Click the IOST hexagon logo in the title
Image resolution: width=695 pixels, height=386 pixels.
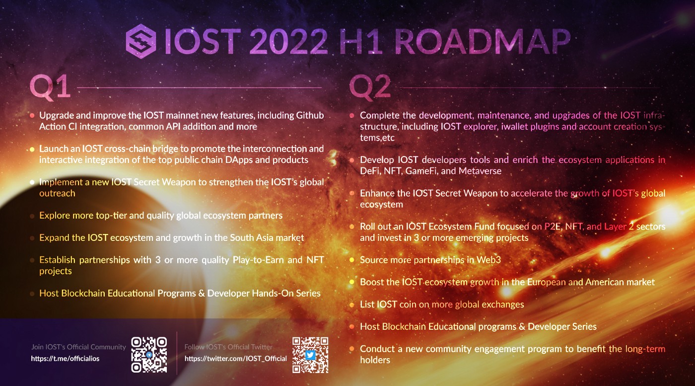(141, 41)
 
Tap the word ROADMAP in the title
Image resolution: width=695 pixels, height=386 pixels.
(483, 42)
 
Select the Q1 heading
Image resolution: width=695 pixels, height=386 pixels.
(50, 87)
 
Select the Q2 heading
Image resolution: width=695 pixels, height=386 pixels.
(370, 87)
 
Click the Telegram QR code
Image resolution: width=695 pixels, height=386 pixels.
(149, 355)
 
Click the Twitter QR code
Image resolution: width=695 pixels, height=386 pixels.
(310, 355)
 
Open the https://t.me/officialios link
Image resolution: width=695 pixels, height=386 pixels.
(65, 359)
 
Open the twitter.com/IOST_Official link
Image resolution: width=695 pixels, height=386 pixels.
(235, 359)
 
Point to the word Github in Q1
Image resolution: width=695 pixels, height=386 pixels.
(310, 116)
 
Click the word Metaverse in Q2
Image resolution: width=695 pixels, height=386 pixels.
(480, 171)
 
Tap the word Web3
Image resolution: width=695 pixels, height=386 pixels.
(488, 260)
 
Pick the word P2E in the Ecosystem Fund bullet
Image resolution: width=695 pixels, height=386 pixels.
(553, 227)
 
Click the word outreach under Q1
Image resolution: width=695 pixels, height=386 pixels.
(58, 193)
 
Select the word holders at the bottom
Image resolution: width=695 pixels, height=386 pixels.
(375, 360)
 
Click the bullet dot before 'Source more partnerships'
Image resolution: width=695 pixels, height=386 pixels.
(352, 260)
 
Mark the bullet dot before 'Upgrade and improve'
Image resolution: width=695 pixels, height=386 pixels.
(32, 116)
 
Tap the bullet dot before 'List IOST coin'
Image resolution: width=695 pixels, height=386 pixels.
(352, 305)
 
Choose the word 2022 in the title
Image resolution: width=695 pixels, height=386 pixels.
(288, 42)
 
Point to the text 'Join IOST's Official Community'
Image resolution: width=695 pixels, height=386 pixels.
(78, 347)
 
